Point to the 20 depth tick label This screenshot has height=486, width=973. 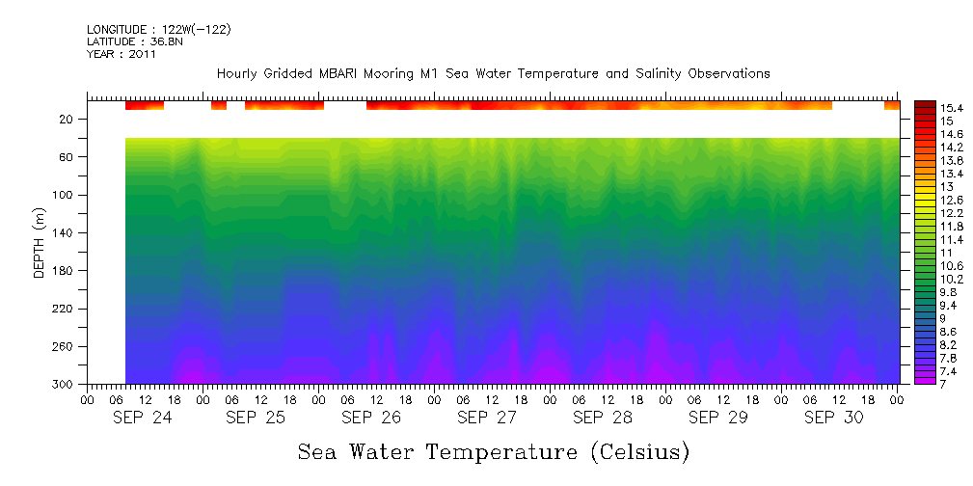click(x=68, y=120)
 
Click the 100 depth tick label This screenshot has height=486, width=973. click(x=65, y=196)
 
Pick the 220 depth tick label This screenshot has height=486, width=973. click(x=65, y=310)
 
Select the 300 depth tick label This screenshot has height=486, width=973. click(x=65, y=385)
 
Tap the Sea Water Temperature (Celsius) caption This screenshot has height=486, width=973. click(x=494, y=452)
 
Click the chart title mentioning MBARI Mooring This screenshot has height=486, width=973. click(x=493, y=73)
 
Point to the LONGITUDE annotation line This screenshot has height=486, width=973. click(x=158, y=30)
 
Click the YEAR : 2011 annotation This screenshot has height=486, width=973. click(x=122, y=54)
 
